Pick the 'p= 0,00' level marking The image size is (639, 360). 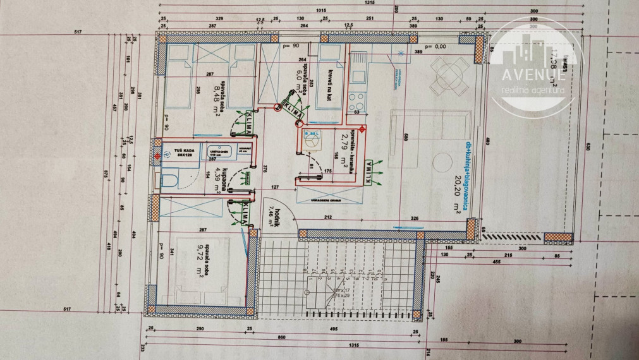point(435,46)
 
